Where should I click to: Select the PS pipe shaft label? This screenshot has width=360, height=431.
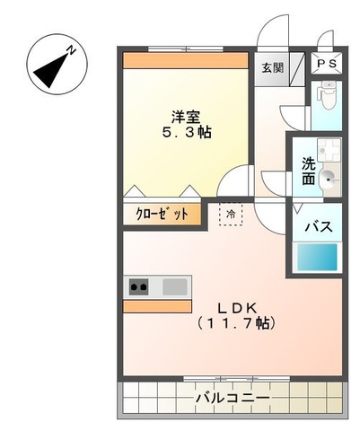coord(324,66)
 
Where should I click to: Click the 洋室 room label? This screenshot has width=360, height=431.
coord(186,116)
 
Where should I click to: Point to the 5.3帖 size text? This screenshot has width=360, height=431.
coord(186,132)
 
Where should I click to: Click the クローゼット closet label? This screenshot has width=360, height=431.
coord(162,215)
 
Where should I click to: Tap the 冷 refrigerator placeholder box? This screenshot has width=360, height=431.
coord(230,214)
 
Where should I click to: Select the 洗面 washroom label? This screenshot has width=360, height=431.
coord(307,172)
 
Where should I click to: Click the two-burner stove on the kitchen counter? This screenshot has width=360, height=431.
coord(139,287)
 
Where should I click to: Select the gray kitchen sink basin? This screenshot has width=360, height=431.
coord(175,287)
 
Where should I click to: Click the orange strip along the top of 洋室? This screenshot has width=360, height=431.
coord(185,61)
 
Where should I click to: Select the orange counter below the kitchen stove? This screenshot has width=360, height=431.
coord(157,306)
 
